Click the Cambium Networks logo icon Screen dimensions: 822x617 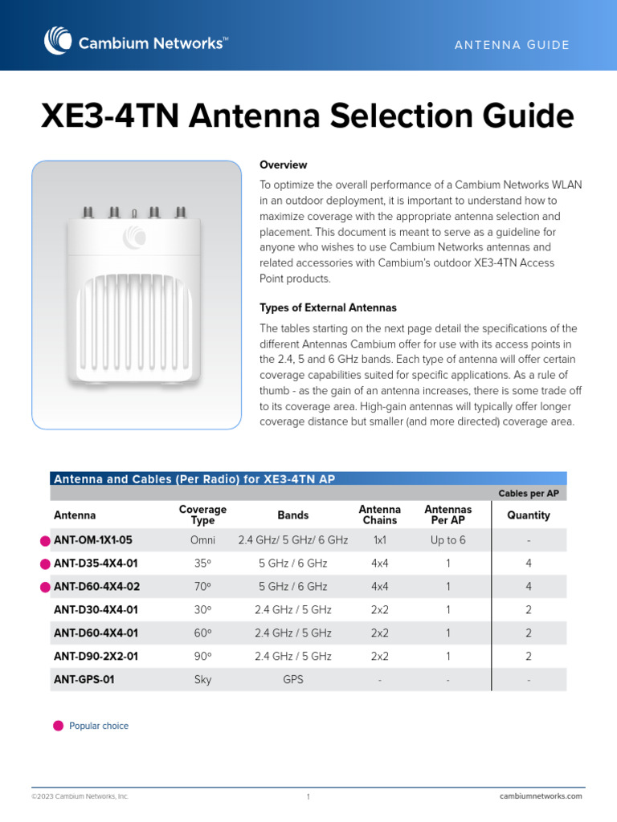click(x=59, y=41)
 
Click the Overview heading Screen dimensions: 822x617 click(x=283, y=165)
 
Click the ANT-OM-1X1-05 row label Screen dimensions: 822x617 click(x=92, y=540)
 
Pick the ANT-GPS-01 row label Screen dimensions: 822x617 click(x=84, y=679)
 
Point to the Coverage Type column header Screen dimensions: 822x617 click(x=202, y=515)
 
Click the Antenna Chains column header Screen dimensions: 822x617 click(x=379, y=515)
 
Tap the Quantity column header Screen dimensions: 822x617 click(x=529, y=515)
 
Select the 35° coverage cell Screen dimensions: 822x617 click(x=202, y=564)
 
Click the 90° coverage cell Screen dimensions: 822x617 click(x=202, y=656)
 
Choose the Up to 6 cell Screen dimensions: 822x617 click(x=447, y=540)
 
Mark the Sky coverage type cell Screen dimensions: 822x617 click(x=202, y=679)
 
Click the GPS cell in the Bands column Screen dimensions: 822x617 click(x=292, y=679)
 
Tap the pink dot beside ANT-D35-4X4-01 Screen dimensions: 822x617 click(x=45, y=564)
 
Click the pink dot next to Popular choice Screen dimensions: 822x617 click(x=58, y=726)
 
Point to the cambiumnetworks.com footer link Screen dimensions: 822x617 click(x=541, y=796)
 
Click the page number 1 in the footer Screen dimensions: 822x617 click(x=308, y=796)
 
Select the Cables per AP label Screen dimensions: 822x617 click(x=529, y=493)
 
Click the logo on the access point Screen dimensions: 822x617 click(x=135, y=237)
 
